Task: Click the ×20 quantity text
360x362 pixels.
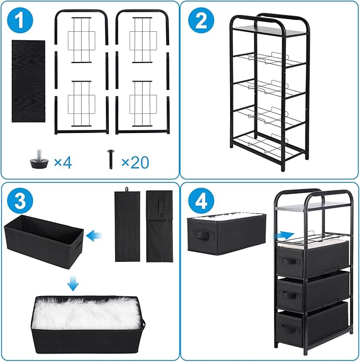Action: click(x=135, y=162)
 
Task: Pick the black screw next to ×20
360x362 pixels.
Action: click(x=111, y=160)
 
